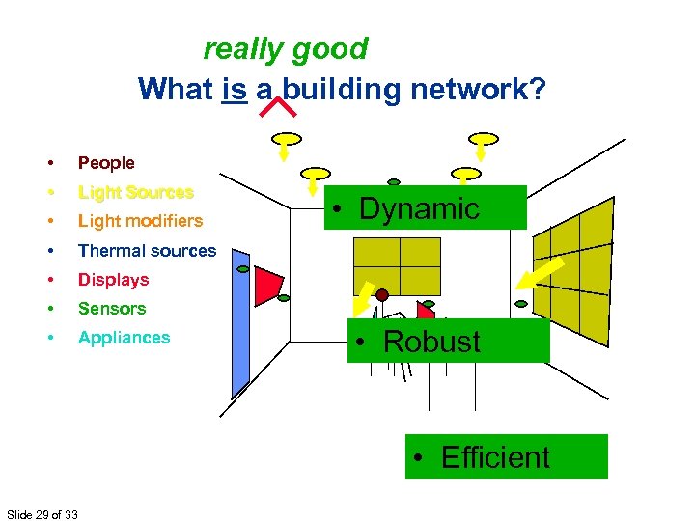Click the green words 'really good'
pos(286,48)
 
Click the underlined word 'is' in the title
pos(235,90)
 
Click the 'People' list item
pos(106,163)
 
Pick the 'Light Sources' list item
pos(135,192)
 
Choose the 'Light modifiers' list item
pos(140,221)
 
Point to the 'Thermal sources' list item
pos(147,251)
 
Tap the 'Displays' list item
pos(113,280)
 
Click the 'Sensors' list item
pos(112,309)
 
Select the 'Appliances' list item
pos(124,338)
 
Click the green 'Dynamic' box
pos(425,207)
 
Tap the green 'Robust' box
pos(448,341)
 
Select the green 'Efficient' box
pos(506,456)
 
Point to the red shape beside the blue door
pos(266,281)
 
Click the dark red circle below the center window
pos(382,294)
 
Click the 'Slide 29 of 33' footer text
pos(42,513)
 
